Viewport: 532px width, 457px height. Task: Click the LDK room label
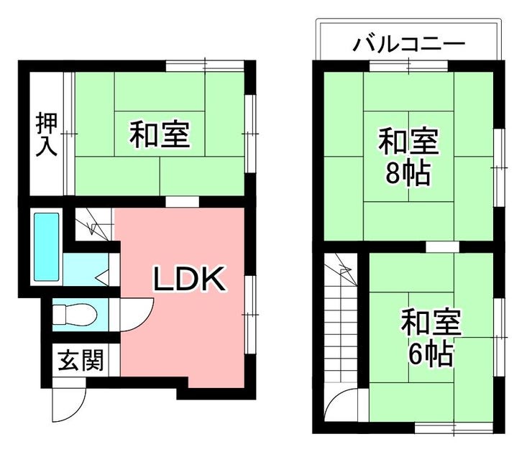pos(189,279)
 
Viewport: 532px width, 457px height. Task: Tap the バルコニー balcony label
pos(408,45)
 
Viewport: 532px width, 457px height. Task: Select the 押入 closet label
pos(47,134)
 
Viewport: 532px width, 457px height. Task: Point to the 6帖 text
pos(431,354)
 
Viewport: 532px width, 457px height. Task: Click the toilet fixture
pos(75,315)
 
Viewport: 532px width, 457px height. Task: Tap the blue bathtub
pos(47,246)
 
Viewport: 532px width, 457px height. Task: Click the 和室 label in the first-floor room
pos(160,134)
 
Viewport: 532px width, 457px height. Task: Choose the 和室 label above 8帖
pos(408,141)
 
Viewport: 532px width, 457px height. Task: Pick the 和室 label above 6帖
pos(431,323)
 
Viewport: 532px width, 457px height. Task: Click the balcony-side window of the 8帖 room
pos(408,65)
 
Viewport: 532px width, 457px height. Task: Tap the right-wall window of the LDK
pos(250,315)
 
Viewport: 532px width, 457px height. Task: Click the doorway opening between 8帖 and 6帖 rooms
pos(442,246)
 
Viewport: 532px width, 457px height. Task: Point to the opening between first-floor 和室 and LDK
pos(182,201)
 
